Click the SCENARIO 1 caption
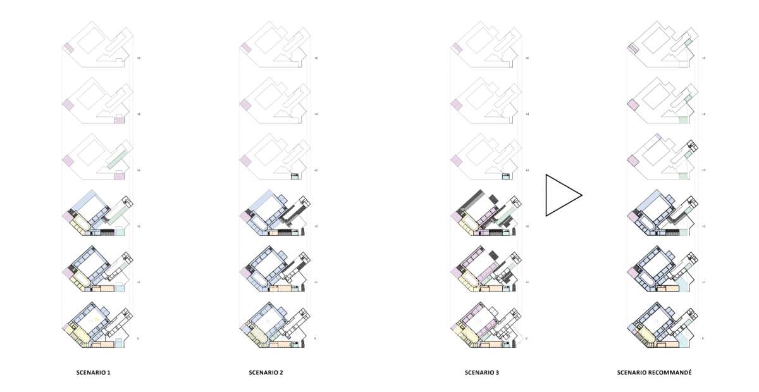click(94, 373)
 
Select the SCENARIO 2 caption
click(266, 373)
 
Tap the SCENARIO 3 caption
click(481, 373)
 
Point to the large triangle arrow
click(562, 196)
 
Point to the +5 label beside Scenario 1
click(138, 58)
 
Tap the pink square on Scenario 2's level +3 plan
click(245, 160)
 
